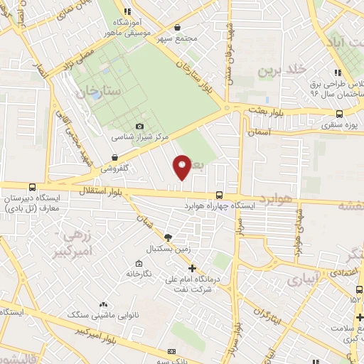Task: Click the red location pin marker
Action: pos(182,166)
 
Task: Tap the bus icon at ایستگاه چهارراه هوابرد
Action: pos(218,195)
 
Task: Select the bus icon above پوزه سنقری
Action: pos(339,114)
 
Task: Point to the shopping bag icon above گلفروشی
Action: pos(114,157)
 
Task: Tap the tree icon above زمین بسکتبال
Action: pos(168,237)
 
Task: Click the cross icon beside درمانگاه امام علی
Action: pos(192,267)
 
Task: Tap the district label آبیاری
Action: pos(305,280)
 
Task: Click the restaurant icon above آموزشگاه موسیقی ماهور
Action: pos(127,11)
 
